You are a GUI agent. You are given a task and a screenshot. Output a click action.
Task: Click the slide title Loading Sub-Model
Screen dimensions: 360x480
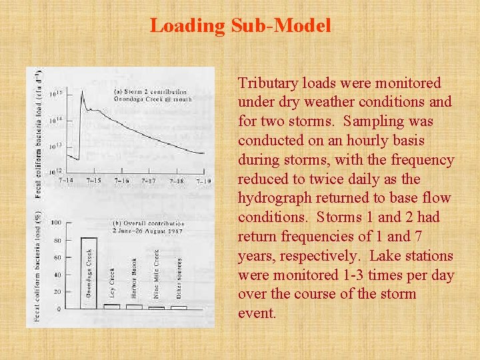pyautogui.click(x=240, y=26)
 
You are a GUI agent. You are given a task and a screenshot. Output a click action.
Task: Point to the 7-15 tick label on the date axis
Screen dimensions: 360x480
pyautogui.click(x=95, y=181)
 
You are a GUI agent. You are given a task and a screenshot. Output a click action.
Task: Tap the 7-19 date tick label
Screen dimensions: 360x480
pyautogui.click(x=204, y=181)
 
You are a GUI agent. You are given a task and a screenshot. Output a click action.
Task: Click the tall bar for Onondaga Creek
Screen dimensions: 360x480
pyautogui.click(x=89, y=273)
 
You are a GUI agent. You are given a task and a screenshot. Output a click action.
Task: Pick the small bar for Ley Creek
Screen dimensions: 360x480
pyautogui.click(x=112, y=307)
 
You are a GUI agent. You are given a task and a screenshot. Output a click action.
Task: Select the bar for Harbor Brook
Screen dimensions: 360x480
pyautogui.click(x=134, y=307)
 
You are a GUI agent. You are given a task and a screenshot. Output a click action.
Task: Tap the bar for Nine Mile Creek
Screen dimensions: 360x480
pyautogui.click(x=157, y=307)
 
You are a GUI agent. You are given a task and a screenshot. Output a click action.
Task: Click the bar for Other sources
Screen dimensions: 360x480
pyautogui.click(x=179, y=307)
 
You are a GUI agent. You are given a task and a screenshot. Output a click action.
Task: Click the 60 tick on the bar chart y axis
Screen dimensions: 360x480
pyautogui.click(x=57, y=257)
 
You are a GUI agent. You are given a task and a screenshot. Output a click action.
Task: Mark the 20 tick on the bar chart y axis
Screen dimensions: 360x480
pyautogui.click(x=57, y=291)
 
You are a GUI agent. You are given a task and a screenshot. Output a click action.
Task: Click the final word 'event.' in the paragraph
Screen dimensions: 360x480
pyautogui.click(x=257, y=313)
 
